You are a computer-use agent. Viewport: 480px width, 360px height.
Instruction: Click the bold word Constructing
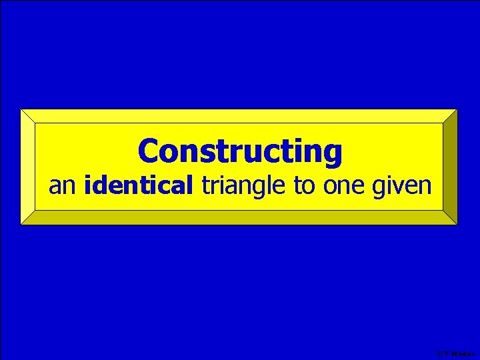pos(240,151)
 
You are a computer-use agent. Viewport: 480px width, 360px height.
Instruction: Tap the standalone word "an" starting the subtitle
pos(63,186)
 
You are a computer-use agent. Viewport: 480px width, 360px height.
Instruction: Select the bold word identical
pos(139,186)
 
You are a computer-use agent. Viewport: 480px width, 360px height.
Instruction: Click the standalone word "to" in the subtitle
pos(304,186)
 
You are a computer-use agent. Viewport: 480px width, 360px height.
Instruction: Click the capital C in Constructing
pos(149,151)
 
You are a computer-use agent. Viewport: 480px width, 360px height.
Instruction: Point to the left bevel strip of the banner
pos(27,167)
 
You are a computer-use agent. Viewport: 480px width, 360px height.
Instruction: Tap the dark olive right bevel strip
pos(451,167)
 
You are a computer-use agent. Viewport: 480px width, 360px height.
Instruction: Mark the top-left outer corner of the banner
pos(21,109)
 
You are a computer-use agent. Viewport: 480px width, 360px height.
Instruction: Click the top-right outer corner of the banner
pos(457,109)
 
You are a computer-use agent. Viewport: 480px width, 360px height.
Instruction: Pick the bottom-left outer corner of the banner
pos(21,224)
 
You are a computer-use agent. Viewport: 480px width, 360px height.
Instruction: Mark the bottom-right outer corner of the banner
pos(457,224)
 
